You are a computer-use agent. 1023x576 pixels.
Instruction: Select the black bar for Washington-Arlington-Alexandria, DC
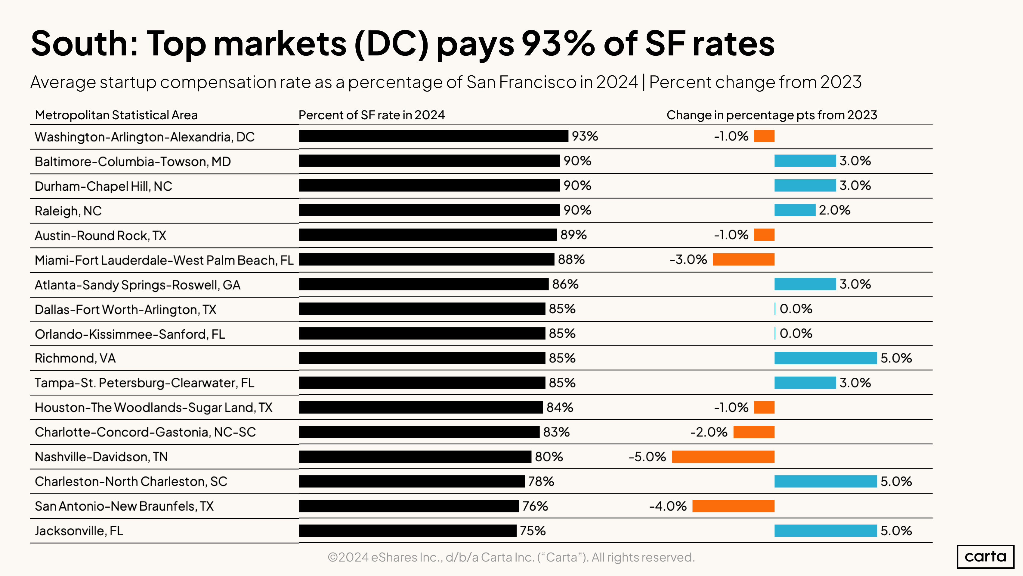(433, 136)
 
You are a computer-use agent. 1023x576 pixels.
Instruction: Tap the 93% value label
(585, 136)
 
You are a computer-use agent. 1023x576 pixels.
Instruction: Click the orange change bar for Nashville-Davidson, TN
(723, 456)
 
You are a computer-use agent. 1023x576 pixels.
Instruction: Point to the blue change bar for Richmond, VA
(825, 358)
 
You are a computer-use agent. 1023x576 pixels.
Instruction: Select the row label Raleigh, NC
(68, 211)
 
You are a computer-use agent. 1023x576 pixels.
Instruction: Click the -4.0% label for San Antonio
(668, 506)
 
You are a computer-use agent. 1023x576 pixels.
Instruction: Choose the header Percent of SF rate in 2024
(371, 115)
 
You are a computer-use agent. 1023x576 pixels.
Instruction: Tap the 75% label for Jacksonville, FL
(533, 531)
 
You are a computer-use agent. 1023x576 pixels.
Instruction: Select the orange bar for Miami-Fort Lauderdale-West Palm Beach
(743, 259)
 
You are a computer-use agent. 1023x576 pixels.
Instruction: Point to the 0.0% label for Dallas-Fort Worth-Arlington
(796, 309)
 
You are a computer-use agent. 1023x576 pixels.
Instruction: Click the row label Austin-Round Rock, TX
(100, 235)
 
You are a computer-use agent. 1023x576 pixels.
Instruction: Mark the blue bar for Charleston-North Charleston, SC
(825, 481)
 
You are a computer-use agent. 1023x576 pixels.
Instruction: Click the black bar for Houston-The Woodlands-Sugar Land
(421, 407)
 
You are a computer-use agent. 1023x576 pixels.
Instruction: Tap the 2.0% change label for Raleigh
(834, 210)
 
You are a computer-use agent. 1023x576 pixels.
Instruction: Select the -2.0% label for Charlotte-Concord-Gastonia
(709, 432)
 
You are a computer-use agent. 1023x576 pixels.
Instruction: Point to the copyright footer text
(511, 557)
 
